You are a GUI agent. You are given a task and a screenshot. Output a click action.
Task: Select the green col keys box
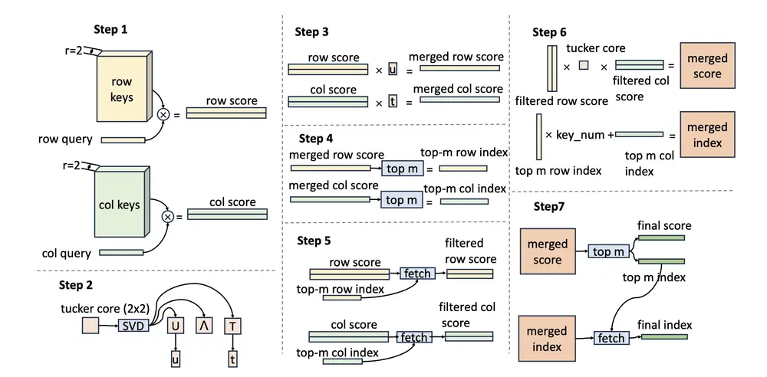point(119,205)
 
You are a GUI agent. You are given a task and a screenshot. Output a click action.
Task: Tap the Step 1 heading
point(112,29)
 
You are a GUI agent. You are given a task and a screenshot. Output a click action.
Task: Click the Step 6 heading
point(549,32)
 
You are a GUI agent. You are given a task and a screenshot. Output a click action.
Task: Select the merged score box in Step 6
point(707,67)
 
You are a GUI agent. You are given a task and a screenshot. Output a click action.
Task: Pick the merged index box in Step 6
point(707,135)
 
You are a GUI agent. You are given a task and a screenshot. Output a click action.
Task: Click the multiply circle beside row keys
point(163,114)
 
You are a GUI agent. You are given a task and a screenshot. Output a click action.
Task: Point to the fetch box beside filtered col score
point(414,337)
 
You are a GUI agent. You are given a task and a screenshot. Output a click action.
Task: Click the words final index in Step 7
point(665,324)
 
